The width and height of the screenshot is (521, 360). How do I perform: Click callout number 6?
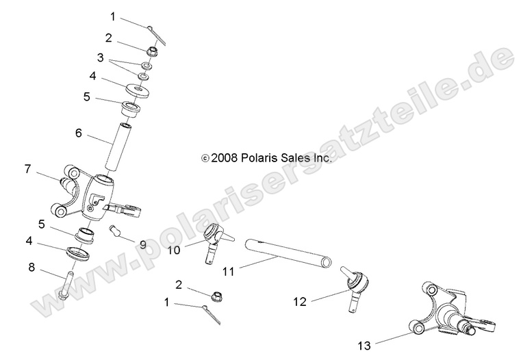(x=79, y=133)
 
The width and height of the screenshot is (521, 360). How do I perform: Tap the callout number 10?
(x=175, y=250)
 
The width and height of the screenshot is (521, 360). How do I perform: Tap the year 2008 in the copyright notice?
(x=224, y=157)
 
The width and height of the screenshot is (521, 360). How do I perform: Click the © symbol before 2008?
(x=205, y=158)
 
